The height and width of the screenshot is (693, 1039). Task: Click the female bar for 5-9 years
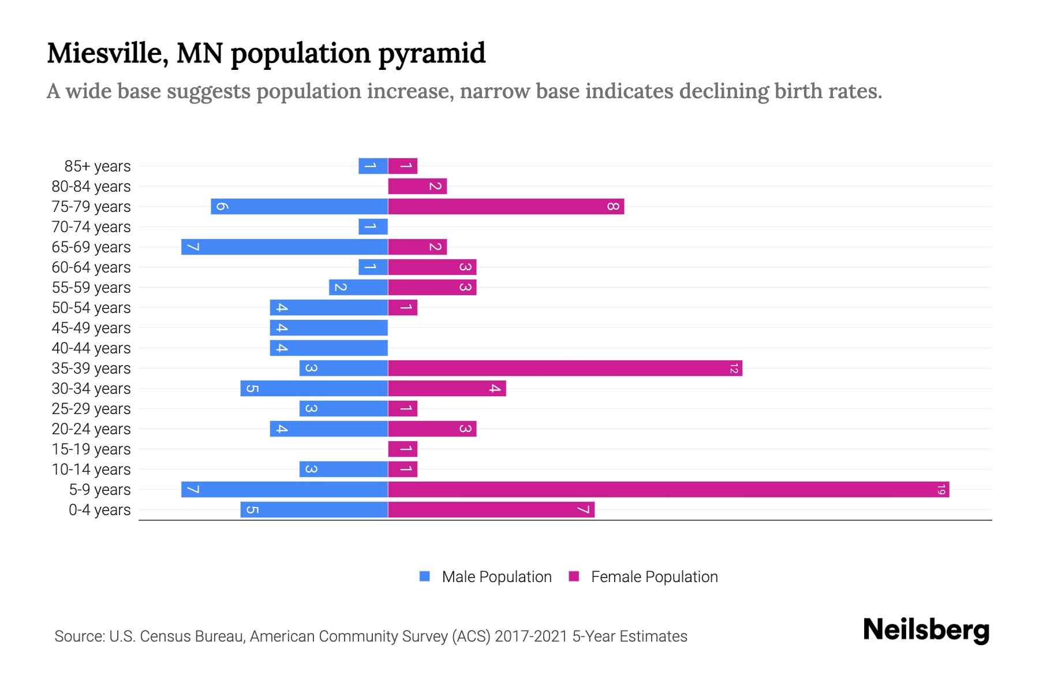668,490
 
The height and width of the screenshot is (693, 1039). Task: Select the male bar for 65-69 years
285,247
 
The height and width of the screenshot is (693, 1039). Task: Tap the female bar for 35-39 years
565,368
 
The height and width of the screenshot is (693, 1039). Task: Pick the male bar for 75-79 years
299,207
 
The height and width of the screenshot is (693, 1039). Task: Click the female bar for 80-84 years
417,187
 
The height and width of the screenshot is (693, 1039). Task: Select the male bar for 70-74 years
373,227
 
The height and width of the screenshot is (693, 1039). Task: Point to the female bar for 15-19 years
403,449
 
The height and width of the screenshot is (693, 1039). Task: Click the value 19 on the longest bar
941,490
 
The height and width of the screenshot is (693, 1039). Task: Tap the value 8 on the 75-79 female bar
613,207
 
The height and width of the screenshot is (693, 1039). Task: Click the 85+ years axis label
98,166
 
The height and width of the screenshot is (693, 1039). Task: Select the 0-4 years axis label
100,510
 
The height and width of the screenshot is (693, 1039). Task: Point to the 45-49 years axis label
91,328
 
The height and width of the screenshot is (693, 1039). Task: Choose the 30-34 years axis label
91,389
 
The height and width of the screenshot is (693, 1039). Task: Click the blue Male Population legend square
425,576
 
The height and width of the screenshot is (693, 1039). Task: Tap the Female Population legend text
654,577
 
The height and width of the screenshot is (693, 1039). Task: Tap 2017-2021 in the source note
531,636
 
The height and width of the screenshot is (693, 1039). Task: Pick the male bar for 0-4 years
314,510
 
